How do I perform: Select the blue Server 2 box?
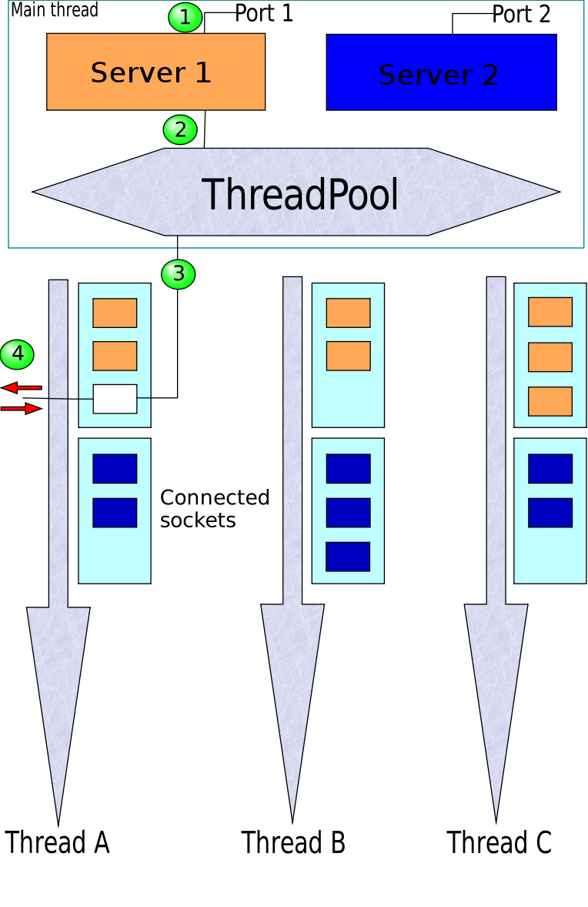click(441, 72)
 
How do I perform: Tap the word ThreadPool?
click(300, 194)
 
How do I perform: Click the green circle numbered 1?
click(185, 17)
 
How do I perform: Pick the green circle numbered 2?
click(181, 129)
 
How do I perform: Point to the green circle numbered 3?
click(179, 273)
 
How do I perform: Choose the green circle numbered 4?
click(17, 354)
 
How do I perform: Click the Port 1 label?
click(264, 14)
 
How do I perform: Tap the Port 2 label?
click(521, 15)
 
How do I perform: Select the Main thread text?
click(55, 10)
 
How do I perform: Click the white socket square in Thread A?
click(115, 399)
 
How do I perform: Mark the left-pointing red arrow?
click(21, 387)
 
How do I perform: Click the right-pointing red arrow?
click(21, 409)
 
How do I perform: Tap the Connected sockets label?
click(215, 508)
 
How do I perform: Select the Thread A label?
click(58, 842)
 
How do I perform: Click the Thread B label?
click(293, 842)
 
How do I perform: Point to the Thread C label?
click(499, 842)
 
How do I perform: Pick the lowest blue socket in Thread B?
click(348, 557)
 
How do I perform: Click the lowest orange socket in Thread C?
click(550, 401)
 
